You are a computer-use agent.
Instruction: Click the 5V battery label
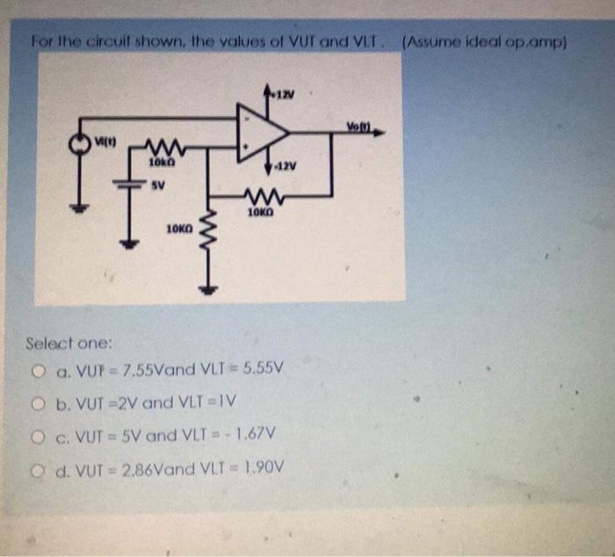click(x=156, y=186)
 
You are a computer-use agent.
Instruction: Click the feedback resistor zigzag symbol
click(x=262, y=199)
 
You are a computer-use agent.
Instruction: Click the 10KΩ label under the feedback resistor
click(x=262, y=213)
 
